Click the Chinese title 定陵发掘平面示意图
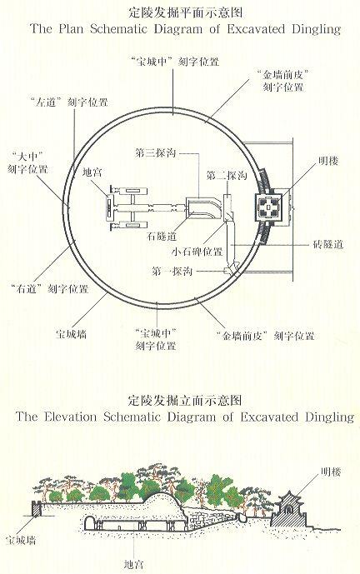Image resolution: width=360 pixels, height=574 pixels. [x=186, y=12]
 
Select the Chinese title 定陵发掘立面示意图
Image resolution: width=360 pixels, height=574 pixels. [x=184, y=401]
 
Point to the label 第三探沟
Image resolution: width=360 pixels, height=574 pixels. [x=155, y=153]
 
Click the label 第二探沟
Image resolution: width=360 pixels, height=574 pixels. [x=227, y=175]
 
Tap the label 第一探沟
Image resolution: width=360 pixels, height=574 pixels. [x=172, y=272]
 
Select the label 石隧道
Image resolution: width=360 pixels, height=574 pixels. [x=162, y=236]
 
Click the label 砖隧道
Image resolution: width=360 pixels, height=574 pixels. [x=328, y=244]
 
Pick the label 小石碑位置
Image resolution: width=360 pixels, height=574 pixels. [x=197, y=252]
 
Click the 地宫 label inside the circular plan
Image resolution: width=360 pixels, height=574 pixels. [x=92, y=172]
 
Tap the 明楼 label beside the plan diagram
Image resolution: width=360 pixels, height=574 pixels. [x=328, y=160]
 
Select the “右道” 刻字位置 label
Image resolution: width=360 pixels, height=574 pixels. [x=50, y=289]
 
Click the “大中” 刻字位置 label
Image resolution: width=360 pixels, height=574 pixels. [x=27, y=163]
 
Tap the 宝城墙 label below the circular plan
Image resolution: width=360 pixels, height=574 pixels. [x=71, y=334]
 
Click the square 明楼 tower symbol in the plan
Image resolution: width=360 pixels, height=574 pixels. [x=269, y=208]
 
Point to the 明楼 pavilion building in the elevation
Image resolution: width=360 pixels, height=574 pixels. [x=290, y=510]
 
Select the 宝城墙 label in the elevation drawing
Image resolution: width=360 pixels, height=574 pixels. [x=21, y=540]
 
